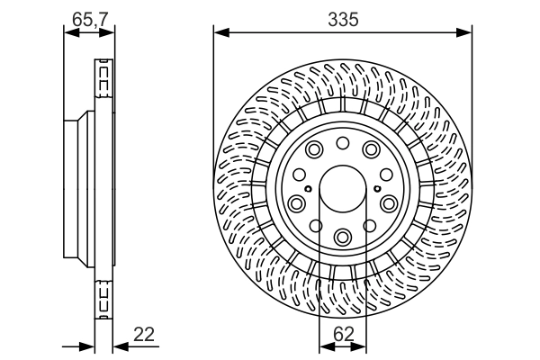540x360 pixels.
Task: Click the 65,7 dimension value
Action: click(x=88, y=15)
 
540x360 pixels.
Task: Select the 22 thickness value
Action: click(x=144, y=334)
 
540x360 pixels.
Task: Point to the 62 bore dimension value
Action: click(x=343, y=334)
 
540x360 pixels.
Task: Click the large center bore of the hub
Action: click(x=342, y=190)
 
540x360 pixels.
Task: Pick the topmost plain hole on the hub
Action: click(x=343, y=143)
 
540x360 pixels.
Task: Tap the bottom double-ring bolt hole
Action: click(x=343, y=237)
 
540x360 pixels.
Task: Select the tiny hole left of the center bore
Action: click(x=308, y=189)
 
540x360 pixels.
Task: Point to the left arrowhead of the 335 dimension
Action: click(x=219, y=33)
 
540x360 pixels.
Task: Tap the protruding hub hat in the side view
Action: click(x=76, y=189)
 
